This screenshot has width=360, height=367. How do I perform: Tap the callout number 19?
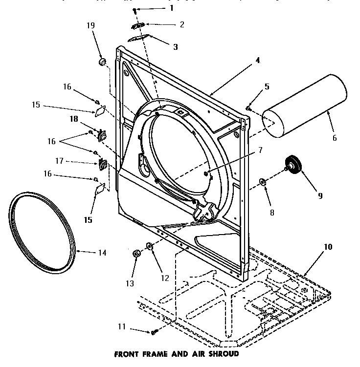coord(91,25)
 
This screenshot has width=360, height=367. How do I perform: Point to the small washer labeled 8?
coord(263,182)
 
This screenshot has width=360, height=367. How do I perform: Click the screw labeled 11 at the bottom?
coord(153,332)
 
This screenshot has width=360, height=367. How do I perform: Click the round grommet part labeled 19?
coord(103,62)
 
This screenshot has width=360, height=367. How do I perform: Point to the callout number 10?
coord(327,247)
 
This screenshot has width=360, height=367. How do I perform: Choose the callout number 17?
coord(73,160)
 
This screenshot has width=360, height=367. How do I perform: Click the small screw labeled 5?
coord(248,108)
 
